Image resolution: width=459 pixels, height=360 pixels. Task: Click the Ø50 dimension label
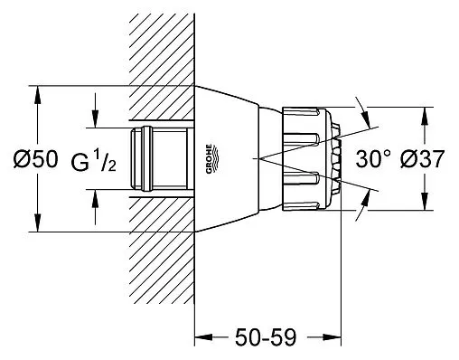coord(35,159)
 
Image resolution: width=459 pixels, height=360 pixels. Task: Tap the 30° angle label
coord(373,159)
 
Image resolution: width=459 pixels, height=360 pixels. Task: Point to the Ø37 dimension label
coord(422,159)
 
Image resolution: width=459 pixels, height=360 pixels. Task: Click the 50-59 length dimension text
coord(266,337)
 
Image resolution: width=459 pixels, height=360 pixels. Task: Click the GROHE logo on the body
coord(211,159)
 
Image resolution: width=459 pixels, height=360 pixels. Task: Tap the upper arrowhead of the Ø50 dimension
coord(37,95)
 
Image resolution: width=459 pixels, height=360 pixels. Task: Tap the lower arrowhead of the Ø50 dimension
coord(37,223)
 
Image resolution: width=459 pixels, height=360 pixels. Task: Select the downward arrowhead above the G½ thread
coord(95,119)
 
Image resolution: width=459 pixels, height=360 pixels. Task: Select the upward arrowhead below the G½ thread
coord(95,198)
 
